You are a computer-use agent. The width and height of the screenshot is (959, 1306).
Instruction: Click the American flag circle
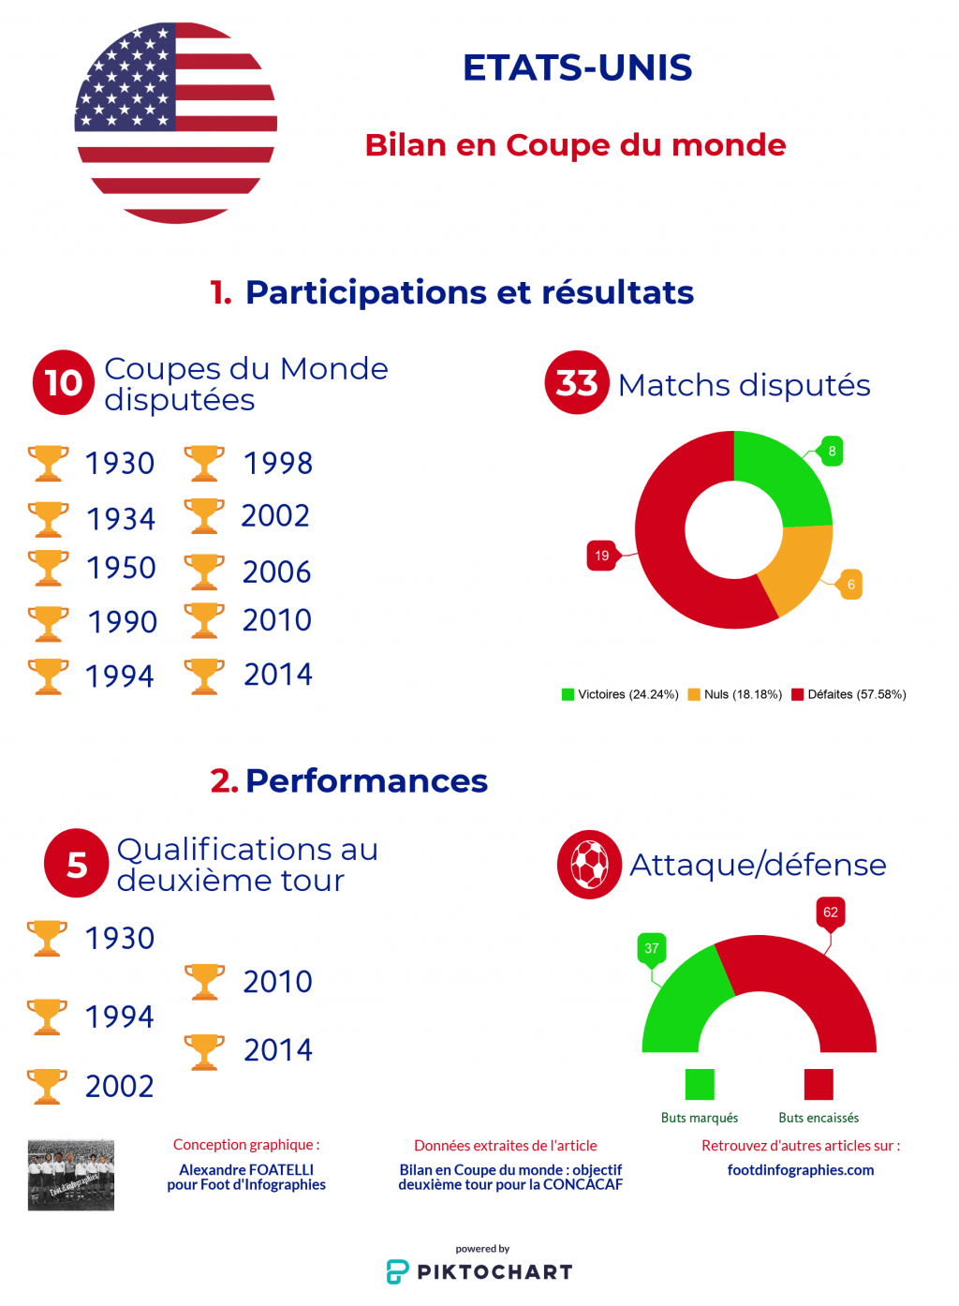176,123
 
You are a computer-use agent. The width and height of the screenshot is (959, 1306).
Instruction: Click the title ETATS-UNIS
577,68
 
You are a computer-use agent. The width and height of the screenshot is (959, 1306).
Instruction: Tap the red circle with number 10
64,382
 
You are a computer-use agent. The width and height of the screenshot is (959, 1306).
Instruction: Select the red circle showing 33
577,382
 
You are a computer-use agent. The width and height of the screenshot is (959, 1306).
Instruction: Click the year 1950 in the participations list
121,568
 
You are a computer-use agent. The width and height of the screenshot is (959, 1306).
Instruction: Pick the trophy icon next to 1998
204,463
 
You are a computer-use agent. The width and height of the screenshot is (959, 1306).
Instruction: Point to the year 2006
276,571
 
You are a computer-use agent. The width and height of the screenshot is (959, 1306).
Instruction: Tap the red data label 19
601,556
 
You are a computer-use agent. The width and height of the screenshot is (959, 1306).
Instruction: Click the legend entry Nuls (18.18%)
735,694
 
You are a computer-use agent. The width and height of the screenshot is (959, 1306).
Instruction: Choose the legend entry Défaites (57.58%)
848,694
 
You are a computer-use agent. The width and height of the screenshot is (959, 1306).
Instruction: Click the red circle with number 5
77,864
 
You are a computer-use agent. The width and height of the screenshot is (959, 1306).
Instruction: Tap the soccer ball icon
589,864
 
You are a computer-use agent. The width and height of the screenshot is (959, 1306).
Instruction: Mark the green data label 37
652,948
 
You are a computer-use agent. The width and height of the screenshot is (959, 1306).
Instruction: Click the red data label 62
831,913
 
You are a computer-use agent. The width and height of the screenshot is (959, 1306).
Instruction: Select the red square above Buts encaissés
819,1084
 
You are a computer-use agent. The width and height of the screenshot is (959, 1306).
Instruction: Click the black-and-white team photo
71,1175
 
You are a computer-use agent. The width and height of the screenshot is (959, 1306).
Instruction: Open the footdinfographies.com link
801,1170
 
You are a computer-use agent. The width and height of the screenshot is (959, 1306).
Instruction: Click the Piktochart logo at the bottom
479,1271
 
